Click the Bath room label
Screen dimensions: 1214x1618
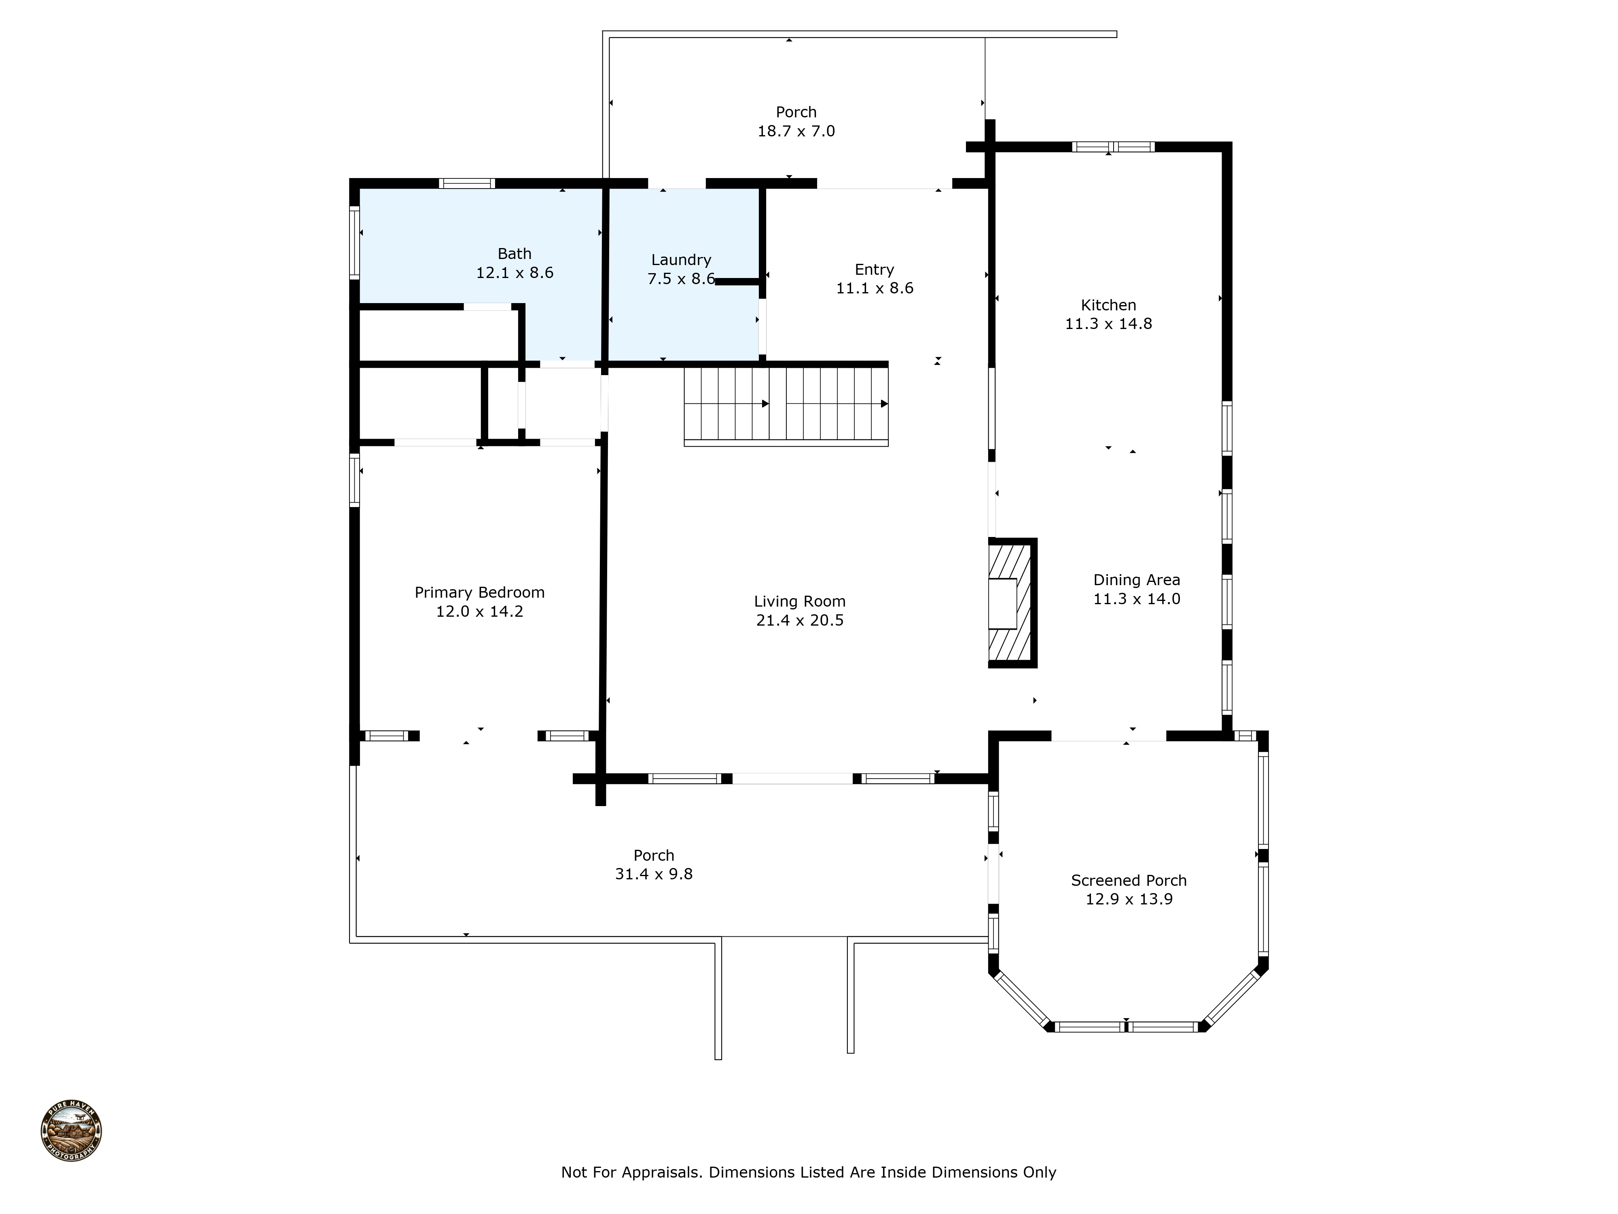coord(514,254)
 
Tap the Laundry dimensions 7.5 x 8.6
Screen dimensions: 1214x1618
coord(681,279)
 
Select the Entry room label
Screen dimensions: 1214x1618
coord(874,269)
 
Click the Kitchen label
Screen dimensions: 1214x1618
coord(1108,305)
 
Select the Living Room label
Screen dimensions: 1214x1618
coord(799,601)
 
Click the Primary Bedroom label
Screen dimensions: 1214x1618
coord(479,593)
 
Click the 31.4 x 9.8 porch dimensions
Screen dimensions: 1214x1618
coord(653,874)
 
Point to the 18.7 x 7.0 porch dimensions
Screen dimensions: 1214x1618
coord(796,131)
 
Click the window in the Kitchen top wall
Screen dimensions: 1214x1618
coord(1112,147)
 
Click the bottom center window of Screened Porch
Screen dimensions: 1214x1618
coord(1127,1027)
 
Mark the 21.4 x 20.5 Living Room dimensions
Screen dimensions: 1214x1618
coord(799,620)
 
